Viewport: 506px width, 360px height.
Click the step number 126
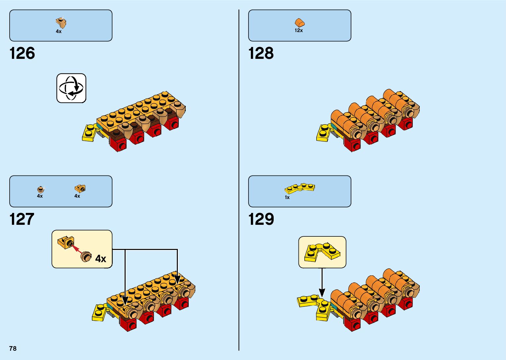coord(22,53)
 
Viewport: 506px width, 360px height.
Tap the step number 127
coord(22,219)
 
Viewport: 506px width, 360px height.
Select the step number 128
coord(261,53)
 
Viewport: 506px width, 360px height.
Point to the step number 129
coord(261,219)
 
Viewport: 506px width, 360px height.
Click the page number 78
coord(13,348)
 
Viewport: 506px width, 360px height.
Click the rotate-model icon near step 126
coord(71,88)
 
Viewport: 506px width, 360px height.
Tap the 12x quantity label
coord(299,30)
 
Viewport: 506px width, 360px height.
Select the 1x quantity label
coord(287,197)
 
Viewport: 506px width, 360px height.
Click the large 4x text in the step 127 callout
coord(101,259)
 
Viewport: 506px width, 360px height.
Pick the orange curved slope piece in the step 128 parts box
coord(299,23)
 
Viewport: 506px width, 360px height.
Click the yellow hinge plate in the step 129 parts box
coord(299,188)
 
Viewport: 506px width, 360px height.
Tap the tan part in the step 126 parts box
coord(61,23)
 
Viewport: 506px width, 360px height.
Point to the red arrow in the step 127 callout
coord(77,249)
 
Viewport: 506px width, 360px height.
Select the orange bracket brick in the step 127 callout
coord(66,242)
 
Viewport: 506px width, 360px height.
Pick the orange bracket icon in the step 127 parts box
coord(80,188)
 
